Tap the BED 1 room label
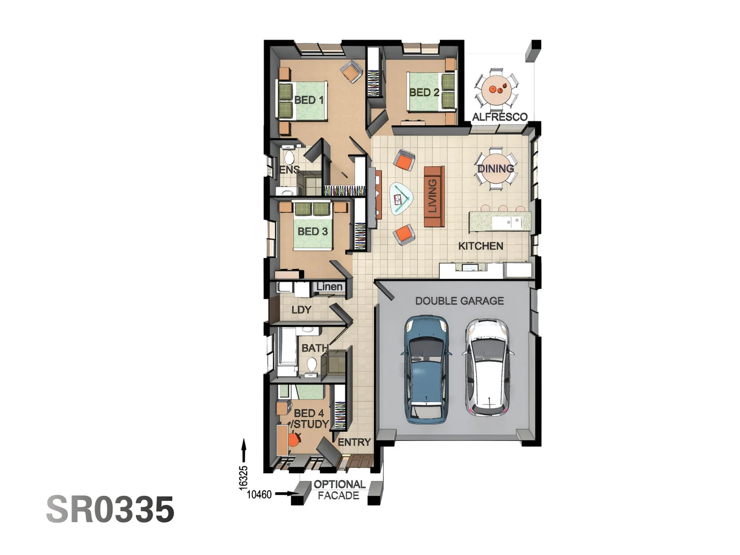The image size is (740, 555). click(x=309, y=100)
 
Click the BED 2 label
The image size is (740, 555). click(x=424, y=92)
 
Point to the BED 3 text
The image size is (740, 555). click(x=312, y=231)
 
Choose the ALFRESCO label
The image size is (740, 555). click(x=499, y=117)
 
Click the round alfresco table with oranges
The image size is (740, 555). click(x=496, y=90)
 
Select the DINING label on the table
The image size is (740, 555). click(x=495, y=169)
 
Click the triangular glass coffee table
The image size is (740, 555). click(x=400, y=198)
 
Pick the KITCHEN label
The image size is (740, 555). click(x=480, y=246)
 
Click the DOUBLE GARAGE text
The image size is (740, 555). click(x=459, y=301)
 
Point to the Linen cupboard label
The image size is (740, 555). click(x=329, y=287)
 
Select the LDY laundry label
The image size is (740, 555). click(x=301, y=310)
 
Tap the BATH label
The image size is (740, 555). click(x=314, y=348)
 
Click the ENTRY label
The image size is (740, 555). click(x=354, y=442)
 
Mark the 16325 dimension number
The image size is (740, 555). click(x=244, y=477)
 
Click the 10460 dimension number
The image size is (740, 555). click(x=259, y=494)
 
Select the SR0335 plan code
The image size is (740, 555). click(x=110, y=509)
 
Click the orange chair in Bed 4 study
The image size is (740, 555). click(x=293, y=440)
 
